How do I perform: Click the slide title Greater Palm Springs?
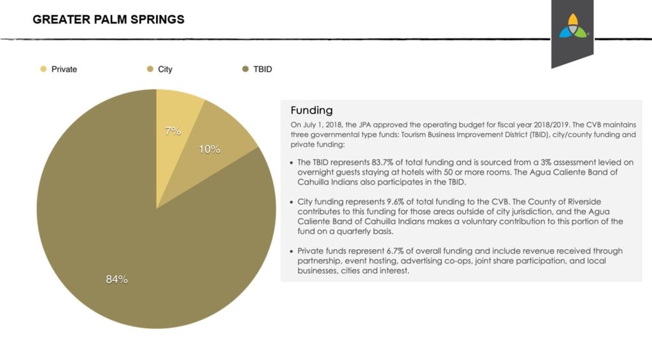point(108,20)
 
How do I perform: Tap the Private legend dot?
point(43,69)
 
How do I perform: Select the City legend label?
point(165,69)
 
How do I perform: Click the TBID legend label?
point(262,69)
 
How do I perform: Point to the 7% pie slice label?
point(173,131)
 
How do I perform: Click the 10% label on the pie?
point(209,149)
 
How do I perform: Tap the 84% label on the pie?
point(117,279)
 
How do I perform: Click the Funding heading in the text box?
point(311,110)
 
